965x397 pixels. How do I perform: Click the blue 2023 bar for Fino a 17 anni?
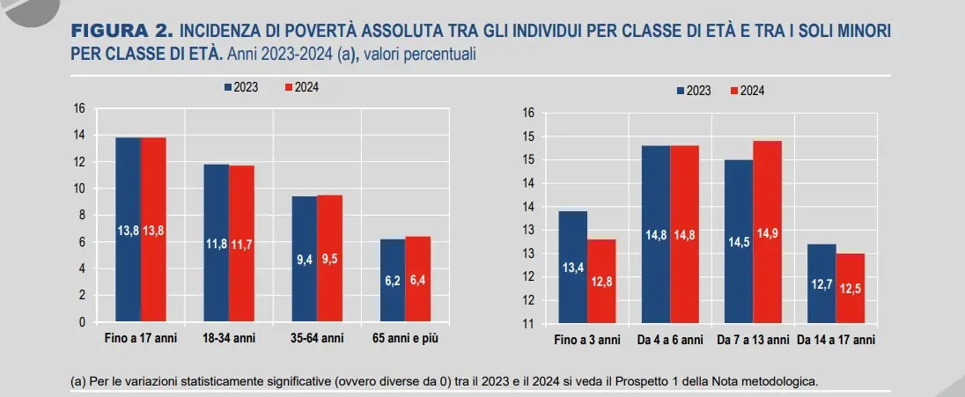click(129, 230)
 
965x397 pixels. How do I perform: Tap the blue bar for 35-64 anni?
click(305, 259)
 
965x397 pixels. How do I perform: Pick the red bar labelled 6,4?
click(418, 279)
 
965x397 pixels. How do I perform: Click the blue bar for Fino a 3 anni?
click(573, 268)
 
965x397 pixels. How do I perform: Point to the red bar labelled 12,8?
click(602, 282)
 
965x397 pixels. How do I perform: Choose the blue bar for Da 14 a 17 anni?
click(821, 283)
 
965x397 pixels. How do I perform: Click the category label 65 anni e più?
click(405, 338)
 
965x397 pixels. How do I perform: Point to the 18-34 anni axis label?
click(229, 338)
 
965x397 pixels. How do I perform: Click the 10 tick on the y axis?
click(78, 188)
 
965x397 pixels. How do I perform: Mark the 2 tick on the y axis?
click(81, 296)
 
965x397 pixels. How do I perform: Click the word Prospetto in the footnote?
click(647, 382)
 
